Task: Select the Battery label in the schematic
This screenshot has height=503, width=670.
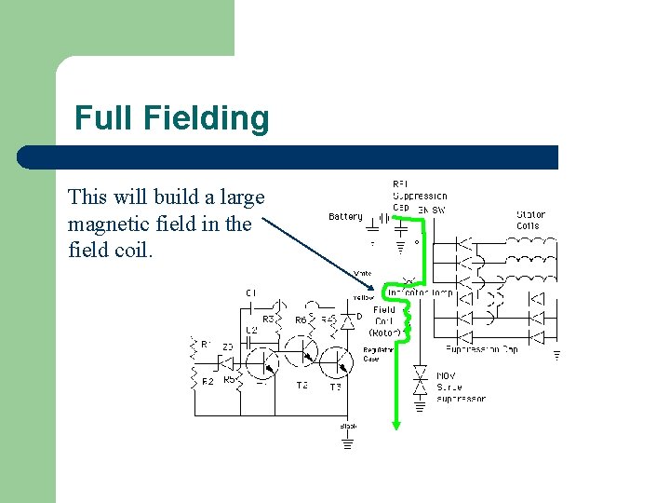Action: [345, 217]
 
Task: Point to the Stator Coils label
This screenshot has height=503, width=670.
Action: [530, 220]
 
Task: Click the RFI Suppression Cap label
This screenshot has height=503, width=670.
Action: [418, 196]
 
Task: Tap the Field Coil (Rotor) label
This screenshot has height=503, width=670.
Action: [384, 320]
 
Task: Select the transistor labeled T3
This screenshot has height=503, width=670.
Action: [337, 360]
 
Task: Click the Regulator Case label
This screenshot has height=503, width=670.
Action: [371, 355]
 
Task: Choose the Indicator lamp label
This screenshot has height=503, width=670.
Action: [420, 292]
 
